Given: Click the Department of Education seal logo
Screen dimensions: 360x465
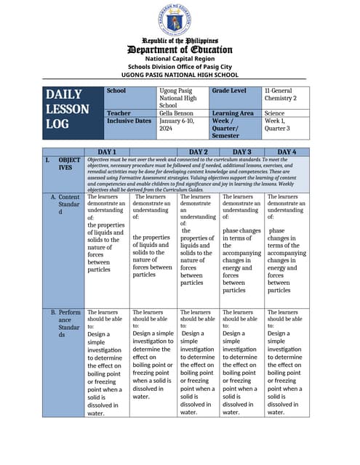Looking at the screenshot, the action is [179, 20].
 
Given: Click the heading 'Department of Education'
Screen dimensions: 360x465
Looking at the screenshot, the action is [179, 49].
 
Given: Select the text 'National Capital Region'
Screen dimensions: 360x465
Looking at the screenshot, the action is [179, 58].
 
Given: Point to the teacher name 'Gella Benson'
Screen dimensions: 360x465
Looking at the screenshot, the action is [175, 113].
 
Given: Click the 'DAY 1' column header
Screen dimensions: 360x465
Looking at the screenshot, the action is [107, 152].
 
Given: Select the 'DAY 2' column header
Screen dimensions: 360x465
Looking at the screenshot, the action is [199, 152].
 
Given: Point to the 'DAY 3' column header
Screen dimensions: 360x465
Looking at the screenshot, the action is [241, 152].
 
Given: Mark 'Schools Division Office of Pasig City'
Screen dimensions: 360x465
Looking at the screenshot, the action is [179, 66].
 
